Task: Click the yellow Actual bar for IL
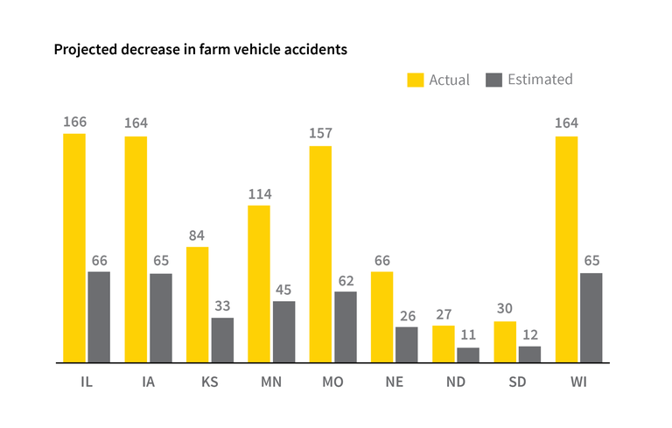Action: pos(74,248)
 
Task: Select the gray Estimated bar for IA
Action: pos(160,318)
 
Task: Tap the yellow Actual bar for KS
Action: pos(198,305)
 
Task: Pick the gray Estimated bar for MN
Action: pos(283,332)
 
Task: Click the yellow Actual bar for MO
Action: pos(320,254)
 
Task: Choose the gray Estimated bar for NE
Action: pos(407,344)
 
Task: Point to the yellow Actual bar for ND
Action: pos(444,343)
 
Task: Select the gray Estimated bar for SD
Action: pos(529,354)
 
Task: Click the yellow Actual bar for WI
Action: pos(567,249)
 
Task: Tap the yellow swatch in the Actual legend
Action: pos(415,80)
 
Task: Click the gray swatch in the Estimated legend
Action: pos(493,80)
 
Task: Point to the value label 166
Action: pos(74,122)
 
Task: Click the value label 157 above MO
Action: pos(320,133)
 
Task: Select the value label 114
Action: pos(259,193)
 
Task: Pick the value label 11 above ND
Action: pos(468,334)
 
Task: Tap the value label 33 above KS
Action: pos(222,305)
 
